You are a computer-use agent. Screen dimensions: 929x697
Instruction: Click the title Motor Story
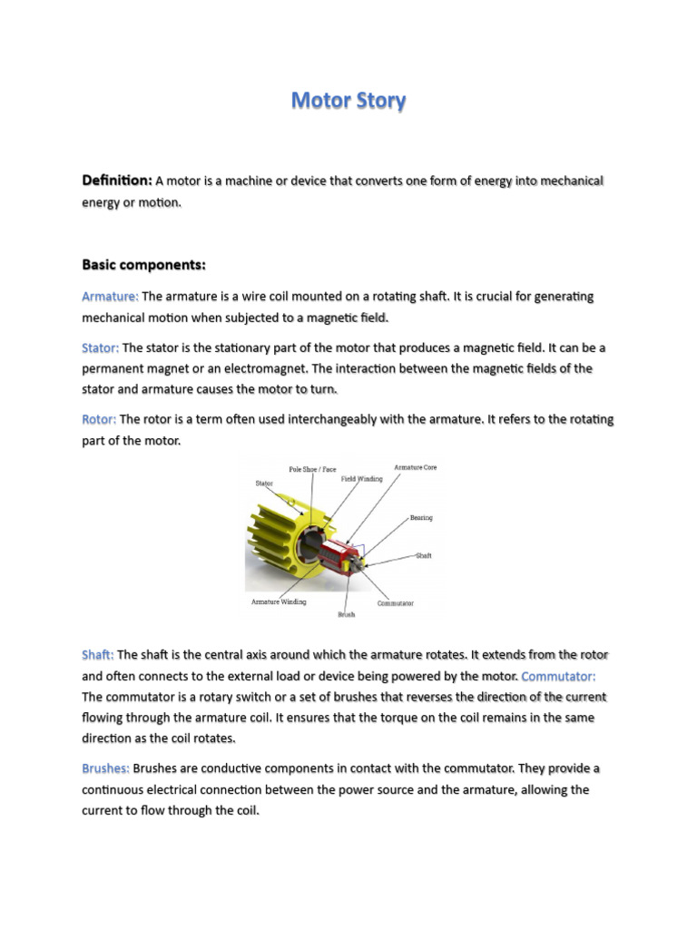tap(348, 101)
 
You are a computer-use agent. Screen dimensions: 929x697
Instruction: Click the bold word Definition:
tap(117, 181)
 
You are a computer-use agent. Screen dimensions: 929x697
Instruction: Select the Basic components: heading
tap(144, 265)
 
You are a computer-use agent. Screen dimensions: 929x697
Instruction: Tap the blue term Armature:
tap(110, 297)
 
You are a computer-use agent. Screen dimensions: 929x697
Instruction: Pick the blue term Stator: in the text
tap(101, 347)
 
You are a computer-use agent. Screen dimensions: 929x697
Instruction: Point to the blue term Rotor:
tap(99, 419)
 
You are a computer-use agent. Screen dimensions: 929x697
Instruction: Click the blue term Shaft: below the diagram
tap(98, 654)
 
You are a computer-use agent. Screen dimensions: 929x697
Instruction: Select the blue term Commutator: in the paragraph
tap(559, 676)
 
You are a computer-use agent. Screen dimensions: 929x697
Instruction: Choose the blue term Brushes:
tap(105, 768)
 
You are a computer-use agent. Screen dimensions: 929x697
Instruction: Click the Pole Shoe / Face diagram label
tap(312, 469)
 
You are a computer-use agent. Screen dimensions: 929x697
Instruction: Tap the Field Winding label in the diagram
tap(362, 478)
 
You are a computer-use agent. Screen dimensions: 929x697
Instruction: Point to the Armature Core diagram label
tap(416, 467)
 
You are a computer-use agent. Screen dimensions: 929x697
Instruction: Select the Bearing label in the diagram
tap(421, 518)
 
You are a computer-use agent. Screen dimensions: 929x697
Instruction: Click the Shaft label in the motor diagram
tap(424, 555)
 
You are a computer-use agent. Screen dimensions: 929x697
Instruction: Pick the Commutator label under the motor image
tap(395, 602)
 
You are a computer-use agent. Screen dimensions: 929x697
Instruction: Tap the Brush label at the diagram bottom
tap(346, 614)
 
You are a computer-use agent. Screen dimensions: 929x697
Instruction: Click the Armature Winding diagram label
tap(279, 601)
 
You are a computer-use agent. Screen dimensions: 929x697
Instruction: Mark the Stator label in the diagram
tap(263, 484)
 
